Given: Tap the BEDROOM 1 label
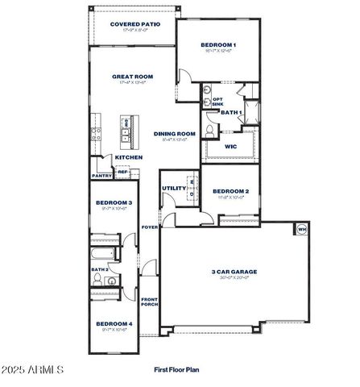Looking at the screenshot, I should click(x=218, y=44).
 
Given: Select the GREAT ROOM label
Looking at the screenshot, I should click(x=132, y=77).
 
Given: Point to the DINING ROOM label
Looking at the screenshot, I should click(x=175, y=134).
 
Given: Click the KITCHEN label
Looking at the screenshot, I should click(x=128, y=157).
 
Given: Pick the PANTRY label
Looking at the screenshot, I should click(x=101, y=175).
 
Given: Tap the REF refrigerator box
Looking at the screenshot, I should click(x=122, y=172).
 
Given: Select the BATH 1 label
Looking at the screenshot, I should click(x=232, y=112).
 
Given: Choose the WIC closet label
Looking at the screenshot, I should click(x=230, y=146).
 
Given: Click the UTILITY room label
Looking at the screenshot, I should click(x=173, y=188).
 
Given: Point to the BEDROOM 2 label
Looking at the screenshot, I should click(x=230, y=191).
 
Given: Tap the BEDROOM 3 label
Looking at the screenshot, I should click(x=114, y=202).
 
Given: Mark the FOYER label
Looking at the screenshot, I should click(x=150, y=227).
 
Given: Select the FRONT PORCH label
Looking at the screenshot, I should click(x=150, y=301).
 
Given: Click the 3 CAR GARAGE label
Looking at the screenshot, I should click(x=230, y=273).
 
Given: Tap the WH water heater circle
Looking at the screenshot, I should click(x=302, y=230).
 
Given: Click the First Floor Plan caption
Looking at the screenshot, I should click(x=176, y=369).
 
